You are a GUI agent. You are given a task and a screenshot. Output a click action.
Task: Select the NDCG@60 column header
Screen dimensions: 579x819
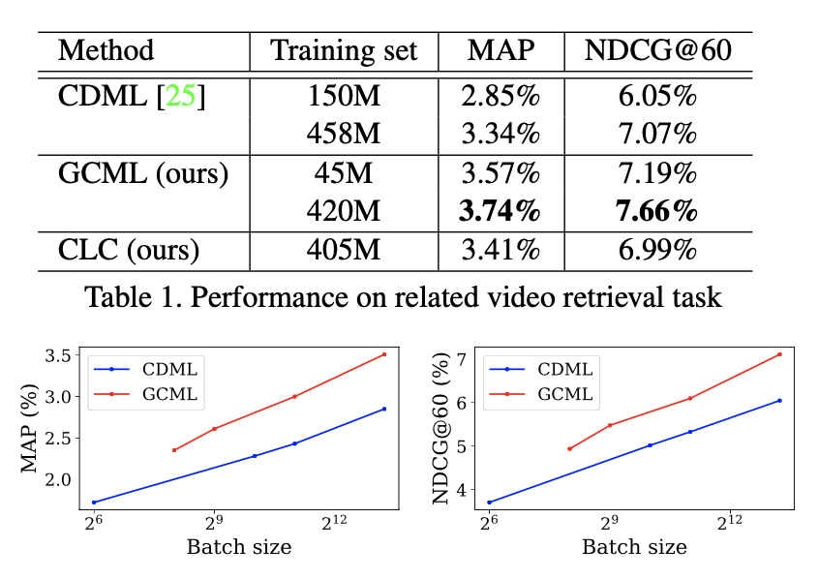click(x=657, y=50)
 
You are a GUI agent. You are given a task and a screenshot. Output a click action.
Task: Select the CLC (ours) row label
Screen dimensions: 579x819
click(x=129, y=250)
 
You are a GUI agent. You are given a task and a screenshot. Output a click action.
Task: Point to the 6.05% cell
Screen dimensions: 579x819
click(x=657, y=97)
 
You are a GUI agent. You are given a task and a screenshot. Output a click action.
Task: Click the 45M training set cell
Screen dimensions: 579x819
click(x=344, y=174)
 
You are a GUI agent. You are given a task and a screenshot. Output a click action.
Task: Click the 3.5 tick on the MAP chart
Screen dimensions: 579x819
click(x=62, y=355)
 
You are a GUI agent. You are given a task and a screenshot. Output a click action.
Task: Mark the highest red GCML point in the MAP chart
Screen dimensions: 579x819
click(x=384, y=354)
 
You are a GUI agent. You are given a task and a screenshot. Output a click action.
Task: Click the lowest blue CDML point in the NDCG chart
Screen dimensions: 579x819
click(x=490, y=502)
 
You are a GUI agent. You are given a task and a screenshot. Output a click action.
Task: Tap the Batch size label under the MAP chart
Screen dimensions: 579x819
click(x=238, y=546)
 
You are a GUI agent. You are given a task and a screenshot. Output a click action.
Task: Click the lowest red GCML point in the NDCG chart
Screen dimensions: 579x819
click(x=569, y=448)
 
